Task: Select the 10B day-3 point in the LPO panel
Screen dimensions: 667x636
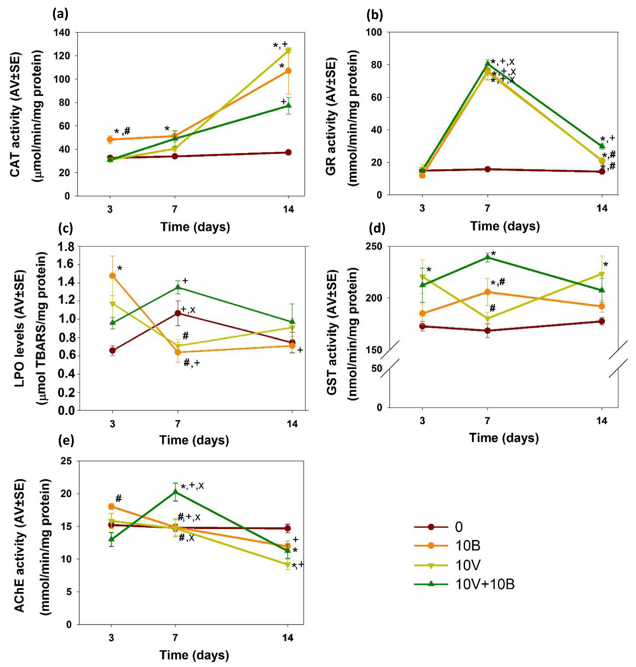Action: point(113,276)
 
